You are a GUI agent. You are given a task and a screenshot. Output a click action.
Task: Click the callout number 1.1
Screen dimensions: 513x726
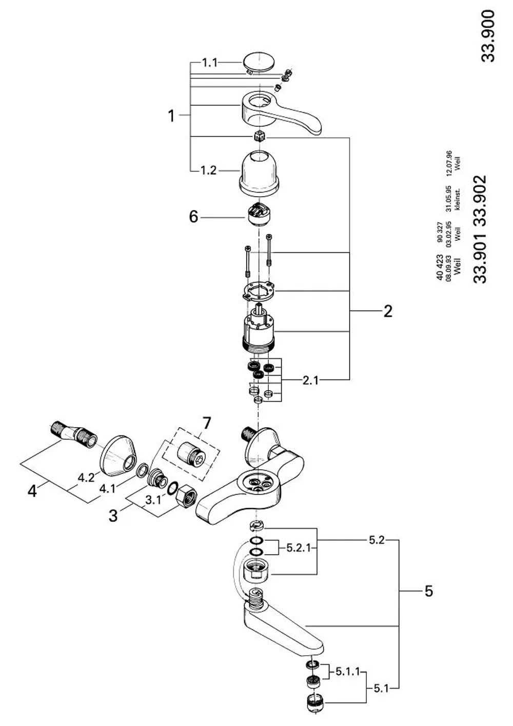point(209,62)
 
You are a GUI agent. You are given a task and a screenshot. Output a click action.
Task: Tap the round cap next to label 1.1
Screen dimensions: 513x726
point(258,63)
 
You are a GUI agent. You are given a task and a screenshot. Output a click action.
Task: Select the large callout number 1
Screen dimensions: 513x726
point(171,116)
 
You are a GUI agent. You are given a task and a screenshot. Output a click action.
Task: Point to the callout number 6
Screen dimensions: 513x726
point(193,217)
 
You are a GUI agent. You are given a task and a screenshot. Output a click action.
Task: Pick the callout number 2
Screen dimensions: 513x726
point(388,311)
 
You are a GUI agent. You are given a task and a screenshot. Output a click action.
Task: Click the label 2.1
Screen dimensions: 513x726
point(310,380)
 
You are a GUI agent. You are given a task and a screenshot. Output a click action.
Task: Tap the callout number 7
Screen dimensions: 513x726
point(206,423)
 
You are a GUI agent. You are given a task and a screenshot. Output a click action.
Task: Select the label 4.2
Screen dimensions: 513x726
point(86,477)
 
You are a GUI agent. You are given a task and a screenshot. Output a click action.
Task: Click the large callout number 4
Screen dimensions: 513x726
point(32,491)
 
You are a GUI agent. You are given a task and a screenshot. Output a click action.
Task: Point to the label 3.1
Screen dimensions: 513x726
point(153,500)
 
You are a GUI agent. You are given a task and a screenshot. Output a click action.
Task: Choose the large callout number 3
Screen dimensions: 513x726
point(113,515)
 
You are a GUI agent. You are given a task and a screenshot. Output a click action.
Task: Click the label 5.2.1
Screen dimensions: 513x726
point(299,548)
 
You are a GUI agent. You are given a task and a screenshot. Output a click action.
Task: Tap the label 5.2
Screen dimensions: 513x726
point(377,540)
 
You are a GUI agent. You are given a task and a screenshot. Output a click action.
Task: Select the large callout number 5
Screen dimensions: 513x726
point(428,591)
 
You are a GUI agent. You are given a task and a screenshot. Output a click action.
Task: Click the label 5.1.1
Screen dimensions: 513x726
point(347,672)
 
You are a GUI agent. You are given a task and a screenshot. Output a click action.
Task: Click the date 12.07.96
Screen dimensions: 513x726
point(449,163)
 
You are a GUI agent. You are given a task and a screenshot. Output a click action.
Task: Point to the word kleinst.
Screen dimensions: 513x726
point(457,199)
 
